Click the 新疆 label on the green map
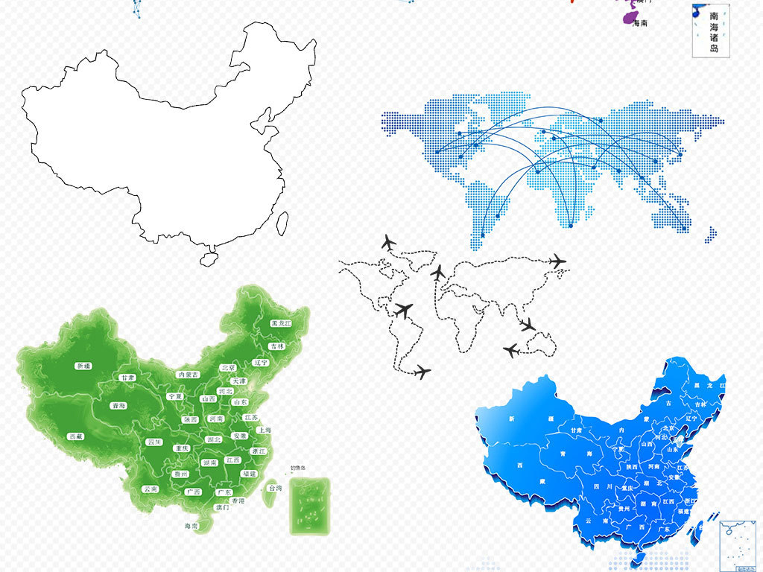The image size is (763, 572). point(83,366)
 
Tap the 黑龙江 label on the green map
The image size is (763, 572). point(261,324)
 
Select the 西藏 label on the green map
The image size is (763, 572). point(75,436)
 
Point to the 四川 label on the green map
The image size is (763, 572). point(154,442)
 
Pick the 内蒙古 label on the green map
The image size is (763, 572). point(188,374)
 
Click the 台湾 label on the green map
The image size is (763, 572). point(275,488)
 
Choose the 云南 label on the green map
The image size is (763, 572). point(151,489)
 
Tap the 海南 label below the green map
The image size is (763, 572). point(191,526)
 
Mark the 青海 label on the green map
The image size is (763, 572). point(118,406)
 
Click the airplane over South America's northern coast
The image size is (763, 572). point(404,310)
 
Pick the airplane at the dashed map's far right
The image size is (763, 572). point(557,261)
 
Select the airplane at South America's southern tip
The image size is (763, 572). point(421,371)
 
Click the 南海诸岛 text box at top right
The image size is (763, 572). point(713,31)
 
